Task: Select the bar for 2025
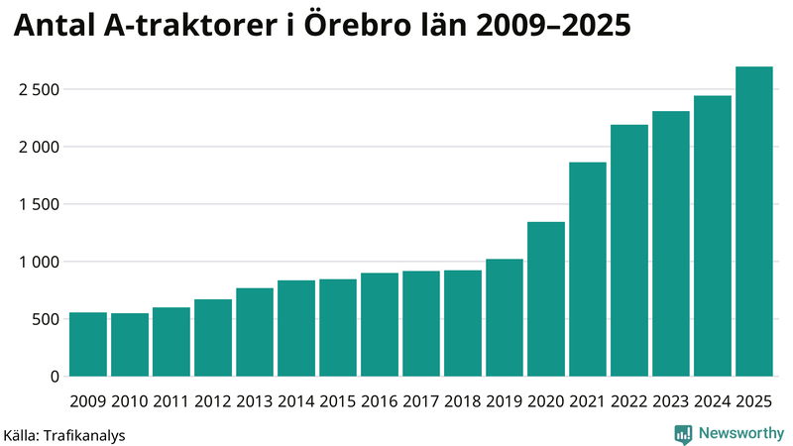(x=754, y=222)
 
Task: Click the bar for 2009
(x=88, y=345)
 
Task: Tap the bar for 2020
(x=546, y=299)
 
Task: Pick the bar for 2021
(x=588, y=270)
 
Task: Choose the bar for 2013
(x=255, y=332)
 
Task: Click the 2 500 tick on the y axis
(x=39, y=90)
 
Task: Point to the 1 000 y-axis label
(x=39, y=263)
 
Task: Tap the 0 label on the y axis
(x=56, y=378)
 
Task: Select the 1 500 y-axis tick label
(x=39, y=205)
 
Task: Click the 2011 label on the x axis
(x=171, y=400)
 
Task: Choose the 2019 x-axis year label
(x=505, y=400)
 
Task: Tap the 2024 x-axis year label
(x=713, y=400)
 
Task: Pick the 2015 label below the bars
(x=338, y=400)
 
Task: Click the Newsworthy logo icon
(x=683, y=433)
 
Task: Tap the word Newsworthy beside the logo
(x=741, y=433)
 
